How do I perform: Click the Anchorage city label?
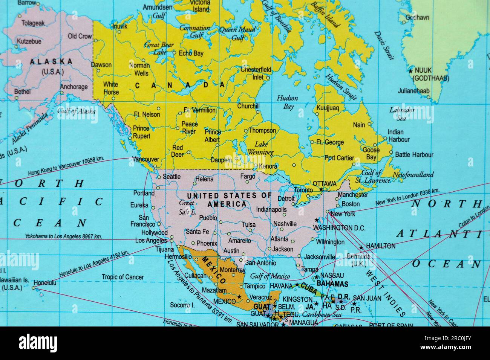click(74, 87)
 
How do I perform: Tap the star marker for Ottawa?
click(321, 189)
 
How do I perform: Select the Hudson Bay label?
click(288, 102)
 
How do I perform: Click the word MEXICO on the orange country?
click(214, 270)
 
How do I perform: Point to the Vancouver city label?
click(145, 159)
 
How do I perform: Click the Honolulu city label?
click(45, 282)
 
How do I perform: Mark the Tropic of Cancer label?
click(122, 277)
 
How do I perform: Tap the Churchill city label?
click(248, 106)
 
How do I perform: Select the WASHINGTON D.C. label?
click(339, 228)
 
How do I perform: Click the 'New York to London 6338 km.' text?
click(407, 197)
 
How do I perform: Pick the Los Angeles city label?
click(151, 240)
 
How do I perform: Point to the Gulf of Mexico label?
click(270, 276)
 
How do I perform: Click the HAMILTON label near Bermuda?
click(381, 246)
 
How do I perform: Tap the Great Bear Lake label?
click(159, 48)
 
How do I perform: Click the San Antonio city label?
click(260, 263)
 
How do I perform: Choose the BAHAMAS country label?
click(332, 284)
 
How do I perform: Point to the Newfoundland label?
click(413, 175)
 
